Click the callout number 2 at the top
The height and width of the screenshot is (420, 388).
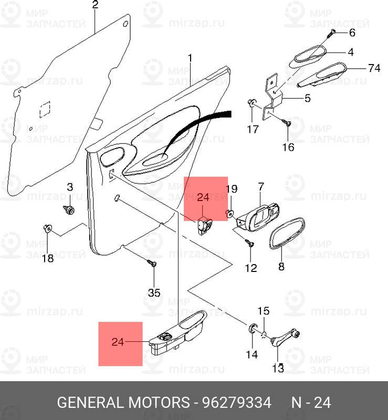(x=96, y=5)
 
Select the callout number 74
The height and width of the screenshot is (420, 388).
(x=374, y=68)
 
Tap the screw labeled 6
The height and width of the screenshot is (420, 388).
(x=331, y=33)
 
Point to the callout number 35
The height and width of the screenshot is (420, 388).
(x=154, y=293)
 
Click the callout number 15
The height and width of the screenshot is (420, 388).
(x=264, y=311)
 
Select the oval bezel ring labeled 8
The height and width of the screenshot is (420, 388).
(x=287, y=234)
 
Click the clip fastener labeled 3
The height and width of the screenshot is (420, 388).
(x=69, y=210)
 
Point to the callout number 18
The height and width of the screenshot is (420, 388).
(x=48, y=258)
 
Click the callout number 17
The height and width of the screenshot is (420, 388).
(x=253, y=129)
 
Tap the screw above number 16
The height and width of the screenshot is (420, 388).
(x=287, y=122)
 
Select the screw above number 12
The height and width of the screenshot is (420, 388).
(x=249, y=243)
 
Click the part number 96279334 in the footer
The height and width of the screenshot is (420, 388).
(x=237, y=402)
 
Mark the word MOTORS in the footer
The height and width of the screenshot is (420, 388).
(x=159, y=402)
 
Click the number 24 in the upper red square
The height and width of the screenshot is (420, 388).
(x=203, y=197)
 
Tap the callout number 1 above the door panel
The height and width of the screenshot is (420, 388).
(x=190, y=58)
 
